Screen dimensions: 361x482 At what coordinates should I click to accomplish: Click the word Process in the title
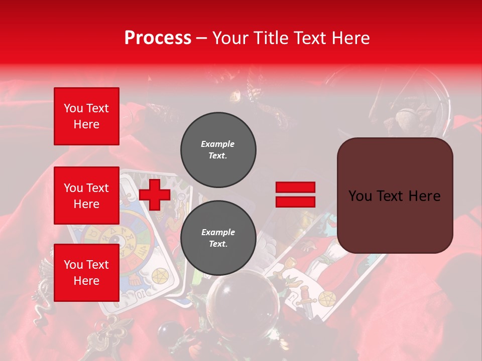158,38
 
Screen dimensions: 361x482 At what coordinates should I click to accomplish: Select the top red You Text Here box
86,116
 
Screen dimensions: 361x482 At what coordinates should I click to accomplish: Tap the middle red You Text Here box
86,196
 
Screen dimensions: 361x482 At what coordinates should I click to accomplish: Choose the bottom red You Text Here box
86,272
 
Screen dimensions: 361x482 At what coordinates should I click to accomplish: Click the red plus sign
155,195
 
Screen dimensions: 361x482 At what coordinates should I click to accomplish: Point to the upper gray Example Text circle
218,150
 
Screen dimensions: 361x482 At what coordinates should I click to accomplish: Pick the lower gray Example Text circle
218,238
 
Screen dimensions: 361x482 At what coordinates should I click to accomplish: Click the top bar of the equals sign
295,188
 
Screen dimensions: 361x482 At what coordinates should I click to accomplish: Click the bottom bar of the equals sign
295,202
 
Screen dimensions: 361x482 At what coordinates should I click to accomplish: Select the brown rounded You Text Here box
395,196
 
